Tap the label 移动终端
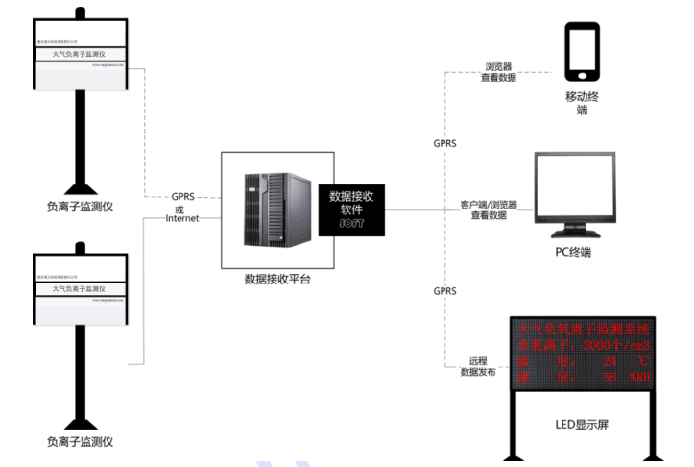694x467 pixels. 583,105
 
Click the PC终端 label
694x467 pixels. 573,253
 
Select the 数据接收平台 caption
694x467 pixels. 277,280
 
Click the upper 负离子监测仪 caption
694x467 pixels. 80,206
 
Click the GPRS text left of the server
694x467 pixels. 182,196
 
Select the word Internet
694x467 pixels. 182,219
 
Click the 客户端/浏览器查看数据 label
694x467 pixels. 488,210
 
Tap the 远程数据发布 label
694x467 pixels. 478,366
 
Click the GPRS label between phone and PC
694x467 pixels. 444,143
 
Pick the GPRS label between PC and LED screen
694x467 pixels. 444,290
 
